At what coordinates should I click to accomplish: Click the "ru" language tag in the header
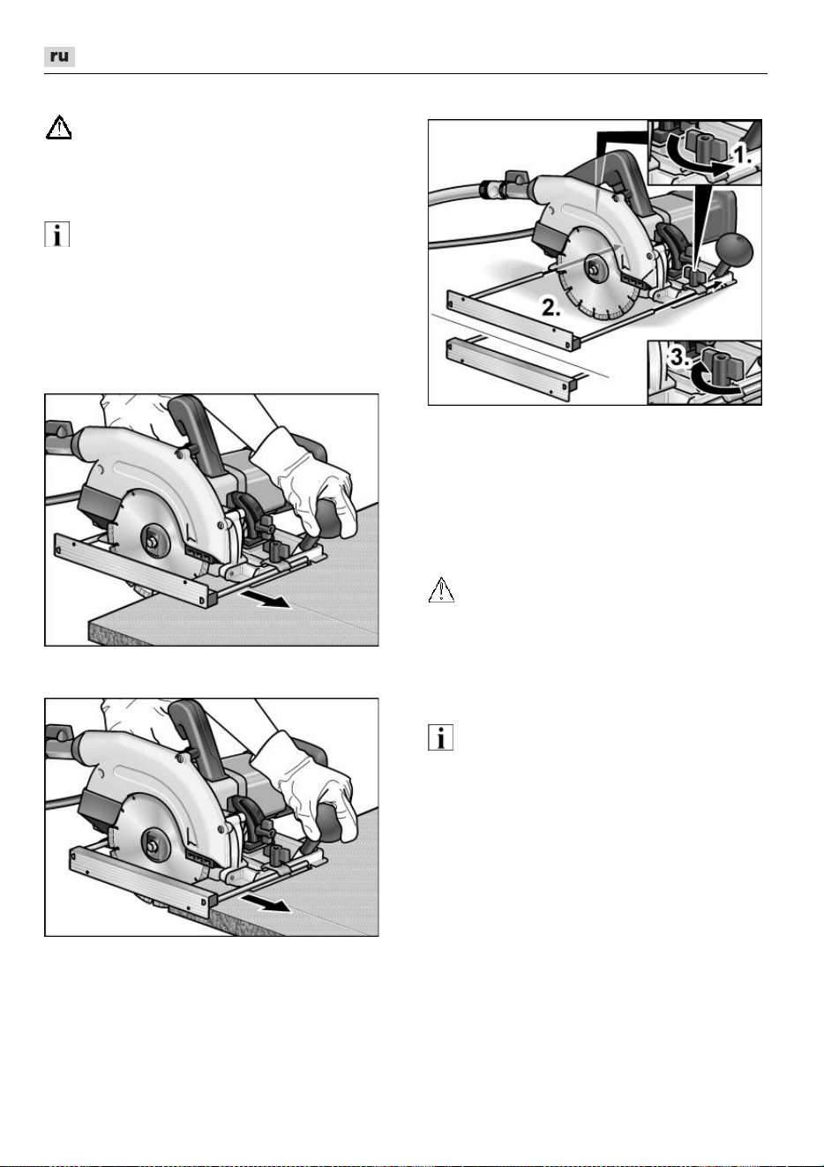(59, 56)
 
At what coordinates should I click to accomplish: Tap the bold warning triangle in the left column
(58, 128)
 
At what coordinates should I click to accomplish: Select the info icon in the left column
(56, 235)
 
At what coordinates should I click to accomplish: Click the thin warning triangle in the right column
(441, 590)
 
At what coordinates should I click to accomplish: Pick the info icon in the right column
(440, 737)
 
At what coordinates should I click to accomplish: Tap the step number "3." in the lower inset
(680, 357)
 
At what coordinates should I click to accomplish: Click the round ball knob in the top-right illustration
(735, 251)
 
